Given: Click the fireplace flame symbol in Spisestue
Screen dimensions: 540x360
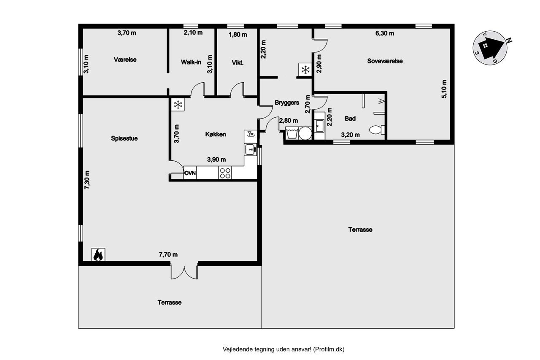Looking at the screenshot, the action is coord(98,254).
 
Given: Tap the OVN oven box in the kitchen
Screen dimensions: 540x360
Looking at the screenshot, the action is coord(190,173).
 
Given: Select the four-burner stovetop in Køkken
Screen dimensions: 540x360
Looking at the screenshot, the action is coord(225,173).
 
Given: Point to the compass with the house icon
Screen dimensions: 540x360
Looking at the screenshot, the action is coord(490,48).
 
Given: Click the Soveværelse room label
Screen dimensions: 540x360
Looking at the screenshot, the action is coord(385,61).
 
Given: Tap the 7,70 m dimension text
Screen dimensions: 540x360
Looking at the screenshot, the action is coord(168,254).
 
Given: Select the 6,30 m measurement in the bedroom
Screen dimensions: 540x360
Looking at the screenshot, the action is coord(385,33).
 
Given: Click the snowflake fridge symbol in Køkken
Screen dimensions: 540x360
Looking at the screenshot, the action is coord(178,105).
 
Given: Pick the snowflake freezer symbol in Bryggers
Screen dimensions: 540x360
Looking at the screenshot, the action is coord(305,70).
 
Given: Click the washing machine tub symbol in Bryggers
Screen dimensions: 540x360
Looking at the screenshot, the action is coord(292,133).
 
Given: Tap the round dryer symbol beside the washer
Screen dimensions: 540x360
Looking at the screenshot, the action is coord(305,133).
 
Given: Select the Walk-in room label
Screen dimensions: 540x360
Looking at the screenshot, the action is coord(191,62).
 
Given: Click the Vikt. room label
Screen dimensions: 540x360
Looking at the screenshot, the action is coord(238,63).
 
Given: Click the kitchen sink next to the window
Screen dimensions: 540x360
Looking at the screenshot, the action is coord(251,149).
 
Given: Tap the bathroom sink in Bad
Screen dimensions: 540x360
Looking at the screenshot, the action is coord(320,126).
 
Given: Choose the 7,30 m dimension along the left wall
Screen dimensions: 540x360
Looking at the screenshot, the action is coord(87,180).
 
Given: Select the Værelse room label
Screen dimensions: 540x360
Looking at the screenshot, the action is coord(125,60).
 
